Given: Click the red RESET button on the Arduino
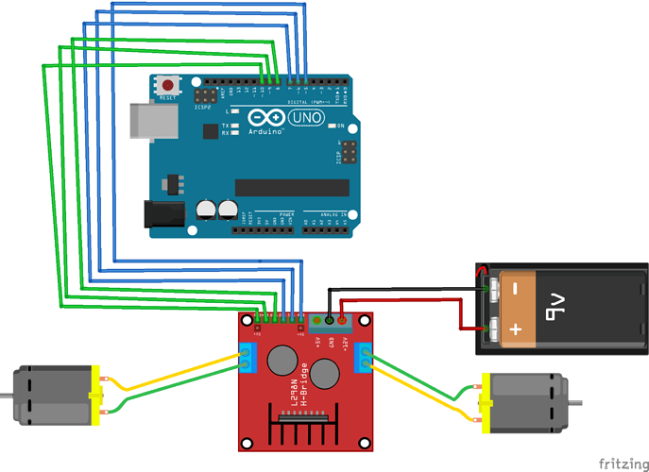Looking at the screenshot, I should click(x=170, y=85).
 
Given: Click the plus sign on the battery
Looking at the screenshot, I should click(x=514, y=329).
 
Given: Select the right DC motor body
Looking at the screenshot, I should click(x=524, y=402).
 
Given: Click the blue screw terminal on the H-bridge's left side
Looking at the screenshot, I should click(x=246, y=360).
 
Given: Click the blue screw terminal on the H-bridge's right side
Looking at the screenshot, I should click(x=365, y=361).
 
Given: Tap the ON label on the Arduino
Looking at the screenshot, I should click(x=339, y=125).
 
